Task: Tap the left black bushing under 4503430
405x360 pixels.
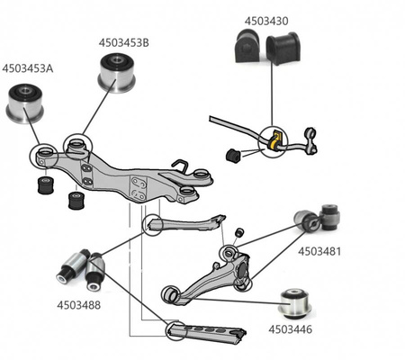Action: (x=247, y=47)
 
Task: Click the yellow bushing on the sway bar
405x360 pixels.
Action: (x=274, y=140)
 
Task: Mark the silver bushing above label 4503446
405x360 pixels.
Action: (x=296, y=302)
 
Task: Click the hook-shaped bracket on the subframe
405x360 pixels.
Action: (x=181, y=166)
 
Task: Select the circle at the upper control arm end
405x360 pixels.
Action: (x=154, y=223)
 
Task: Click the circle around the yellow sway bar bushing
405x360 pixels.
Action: (x=270, y=141)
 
